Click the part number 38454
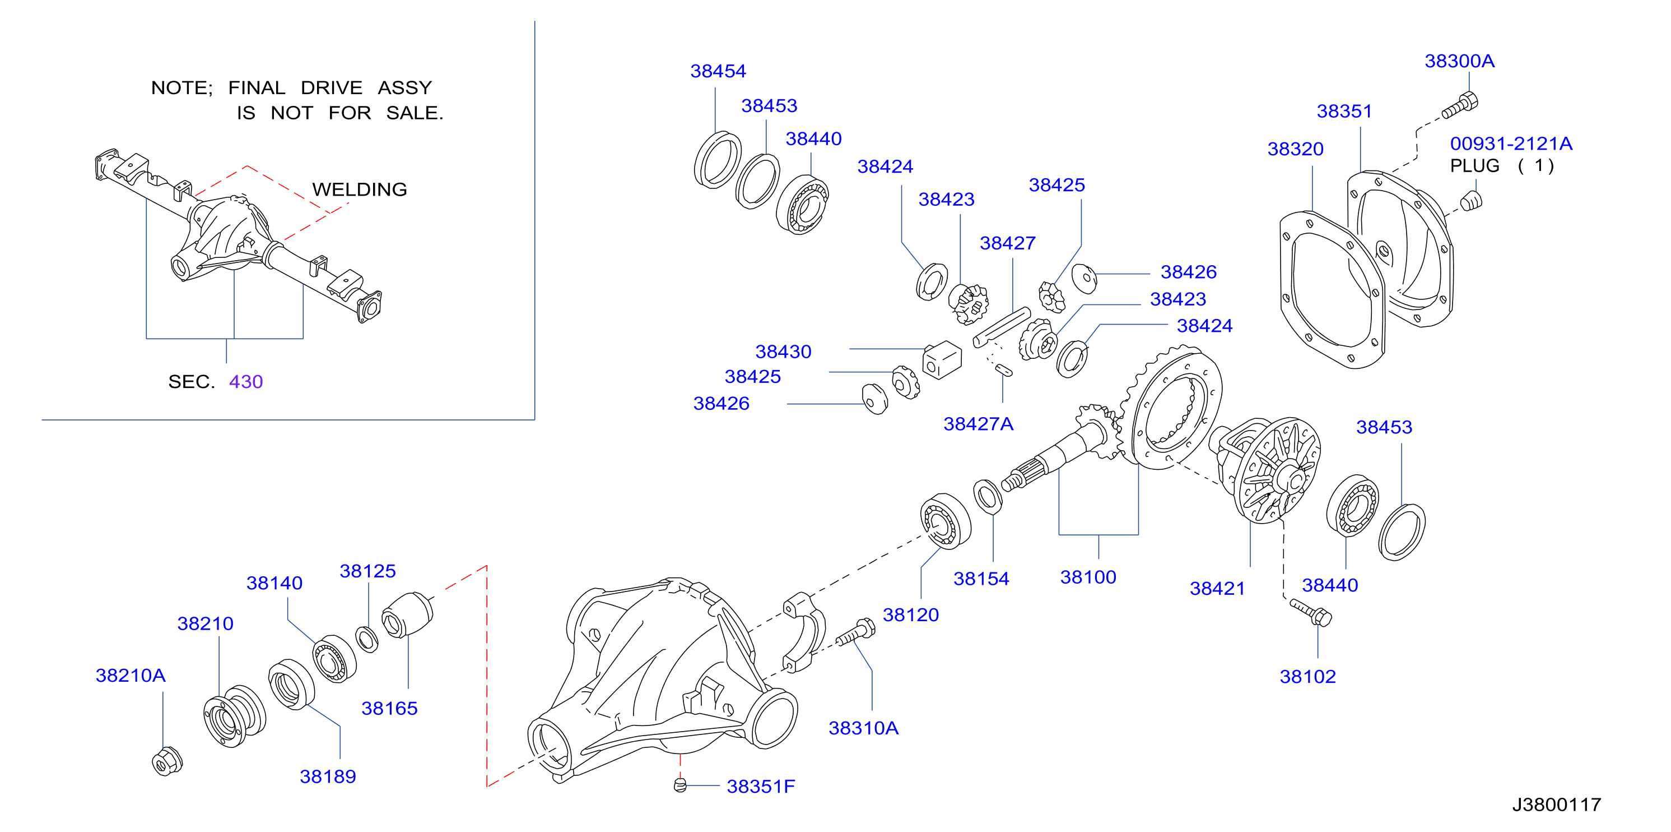pyautogui.click(x=718, y=71)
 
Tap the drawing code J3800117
pyautogui.click(x=1556, y=805)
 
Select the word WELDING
pyautogui.click(x=360, y=189)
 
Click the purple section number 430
pyautogui.click(x=246, y=382)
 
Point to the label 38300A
pyautogui.click(x=1459, y=61)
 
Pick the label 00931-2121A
pyautogui.click(x=1511, y=144)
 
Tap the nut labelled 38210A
pyautogui.click(x=167, y=761)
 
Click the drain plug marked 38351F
pyautogui.click(x=680, y=785)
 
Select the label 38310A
pyautogui.click(x=863, y=728)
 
